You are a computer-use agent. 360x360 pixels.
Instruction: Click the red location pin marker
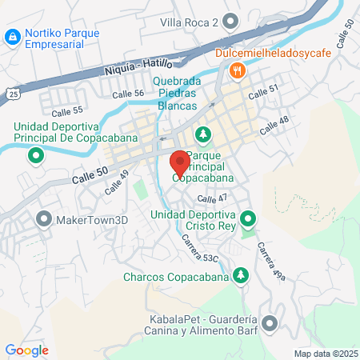click(180, 162)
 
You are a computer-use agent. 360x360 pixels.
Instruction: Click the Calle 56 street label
click(128, 94)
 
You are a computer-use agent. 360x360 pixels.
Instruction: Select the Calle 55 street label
click(67, 109)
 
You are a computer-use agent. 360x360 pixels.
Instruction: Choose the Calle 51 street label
click(263, 94)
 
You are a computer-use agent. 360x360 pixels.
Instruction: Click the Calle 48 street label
click(274, 123)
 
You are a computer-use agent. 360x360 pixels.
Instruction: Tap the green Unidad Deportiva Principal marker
click(35, 156)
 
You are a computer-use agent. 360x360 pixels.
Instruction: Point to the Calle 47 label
click(212, 198)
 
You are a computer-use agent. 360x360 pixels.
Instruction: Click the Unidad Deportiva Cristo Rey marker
click(249, 218)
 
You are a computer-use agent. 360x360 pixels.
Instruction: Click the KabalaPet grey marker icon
click(270, 322)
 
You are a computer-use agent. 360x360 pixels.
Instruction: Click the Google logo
click(27, 350)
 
